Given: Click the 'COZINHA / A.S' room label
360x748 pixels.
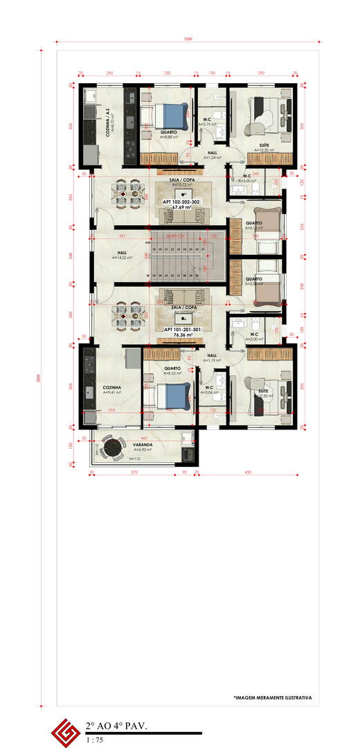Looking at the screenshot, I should pos(109,124).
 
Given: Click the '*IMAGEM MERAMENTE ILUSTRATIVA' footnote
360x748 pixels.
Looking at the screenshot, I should pos(272,697).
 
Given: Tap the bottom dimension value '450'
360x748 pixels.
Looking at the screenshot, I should pos(248,472).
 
